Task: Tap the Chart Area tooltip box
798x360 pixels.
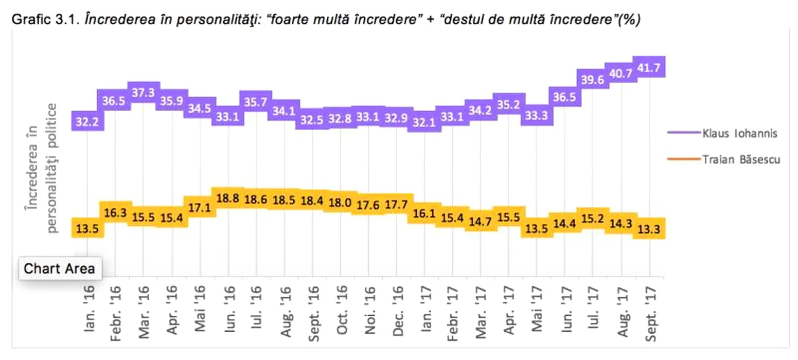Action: click(x=60, y=268)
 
